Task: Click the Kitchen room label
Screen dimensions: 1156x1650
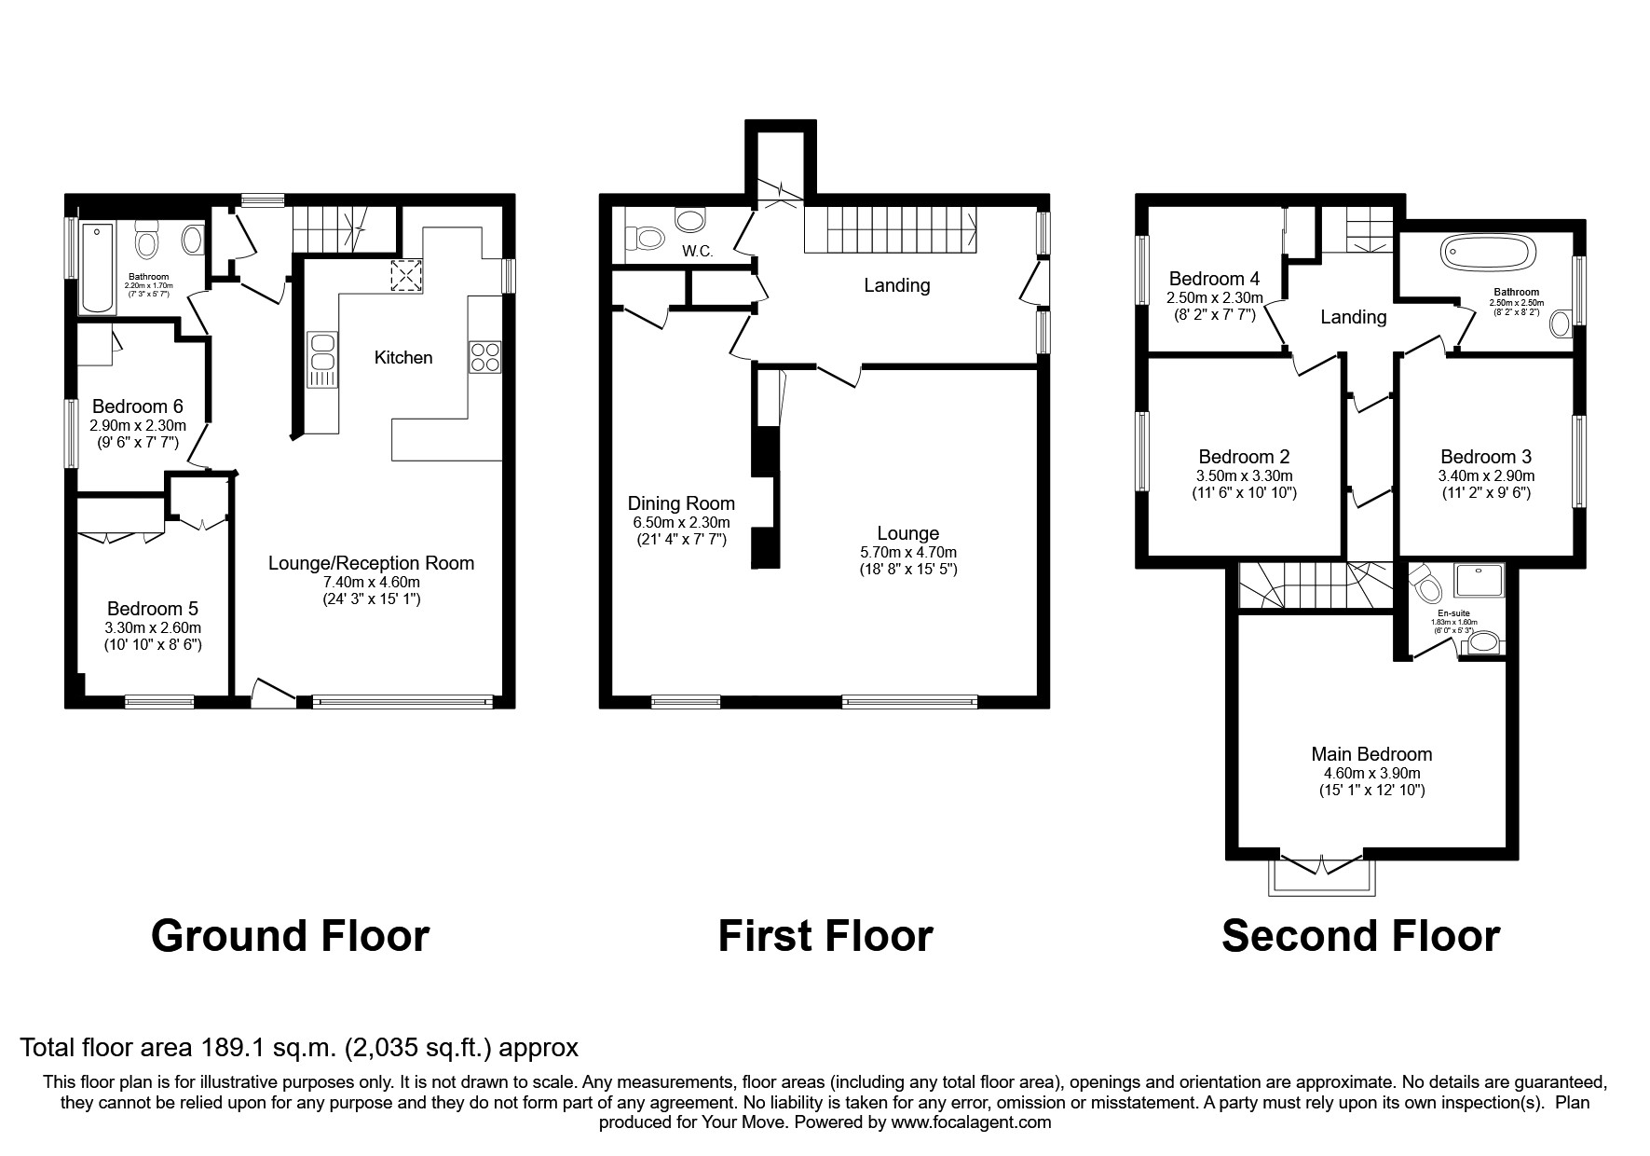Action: pos(403,358)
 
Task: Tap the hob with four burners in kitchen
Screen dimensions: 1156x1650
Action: pos(484,357)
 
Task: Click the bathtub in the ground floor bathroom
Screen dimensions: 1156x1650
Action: pos(97,268)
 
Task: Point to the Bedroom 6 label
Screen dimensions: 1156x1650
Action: pos(138,406)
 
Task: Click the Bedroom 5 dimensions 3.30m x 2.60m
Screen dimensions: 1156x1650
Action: pos(154,627)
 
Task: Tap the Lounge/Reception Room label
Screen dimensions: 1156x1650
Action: pos(371,563)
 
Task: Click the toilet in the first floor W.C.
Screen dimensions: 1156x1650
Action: pos(644,239)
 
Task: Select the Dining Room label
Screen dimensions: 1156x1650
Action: pos(681,503)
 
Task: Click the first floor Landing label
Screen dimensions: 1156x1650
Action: pos(896,285)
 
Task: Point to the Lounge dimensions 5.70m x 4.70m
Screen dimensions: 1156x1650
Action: pos(907,552)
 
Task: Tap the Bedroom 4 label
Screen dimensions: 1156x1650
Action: pos(1214,279)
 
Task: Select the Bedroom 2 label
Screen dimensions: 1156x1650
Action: pos(1244,457)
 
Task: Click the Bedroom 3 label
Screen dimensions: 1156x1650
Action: pos(1485,457)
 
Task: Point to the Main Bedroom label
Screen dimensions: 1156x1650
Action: pos(1371,754)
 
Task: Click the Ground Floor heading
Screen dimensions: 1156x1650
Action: pos(290,936)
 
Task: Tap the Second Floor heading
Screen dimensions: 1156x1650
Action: pos(1360,936)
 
